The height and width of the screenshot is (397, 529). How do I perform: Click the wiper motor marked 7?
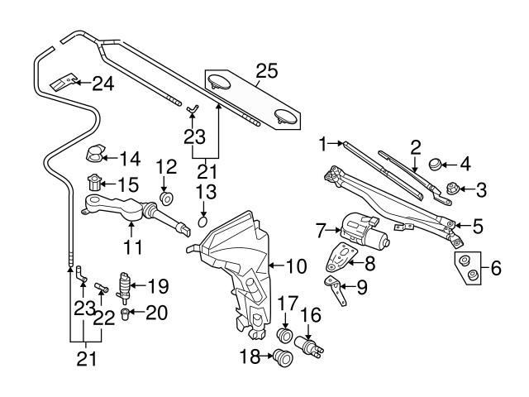pos(360,229)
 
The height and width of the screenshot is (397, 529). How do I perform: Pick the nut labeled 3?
pos(452,189)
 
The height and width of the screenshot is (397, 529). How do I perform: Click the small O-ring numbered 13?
pos(204,221)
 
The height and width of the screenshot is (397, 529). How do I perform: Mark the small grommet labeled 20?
pos(126,313)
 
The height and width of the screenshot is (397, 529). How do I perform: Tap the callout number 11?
pos(133,246)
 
